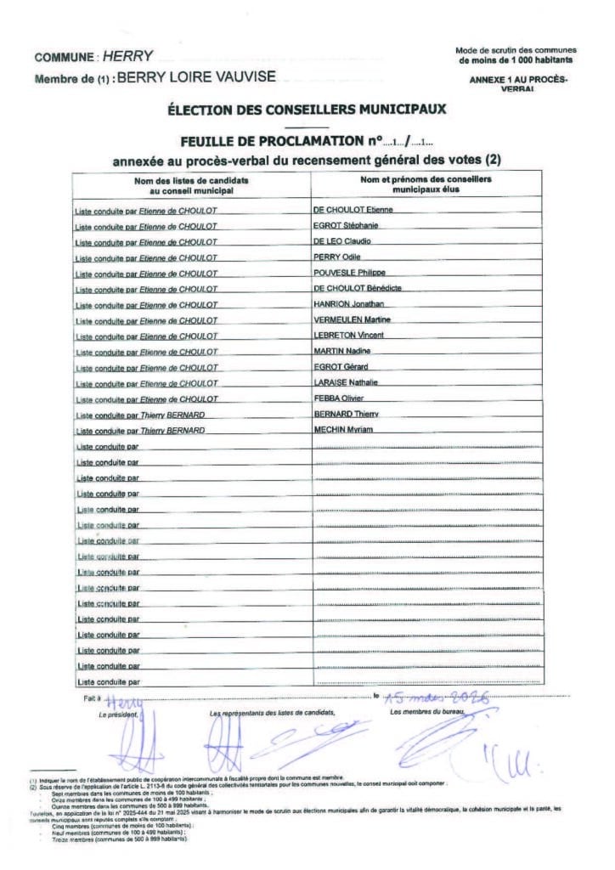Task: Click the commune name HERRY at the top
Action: click(x=127, y=57)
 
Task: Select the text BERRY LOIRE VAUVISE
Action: click(x=195, y=77)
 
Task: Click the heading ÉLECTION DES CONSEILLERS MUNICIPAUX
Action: click(x=307, y=109)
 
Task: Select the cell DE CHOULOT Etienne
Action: click(x=353, y=209)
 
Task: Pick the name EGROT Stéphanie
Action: click(x=346, y=225)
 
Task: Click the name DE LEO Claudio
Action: click(x=342, y=241)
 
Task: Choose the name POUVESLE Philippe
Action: click(x=349, y=273)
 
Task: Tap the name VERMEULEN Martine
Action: click(x=352, y=319)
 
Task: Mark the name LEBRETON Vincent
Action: click(x=348, y=336)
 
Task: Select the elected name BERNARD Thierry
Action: click(x=346, y=414)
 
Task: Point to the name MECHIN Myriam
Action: click(x=343, y=430)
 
